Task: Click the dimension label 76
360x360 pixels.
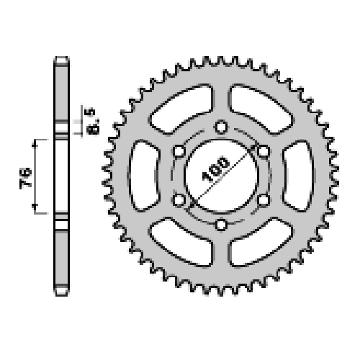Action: click(26, 177)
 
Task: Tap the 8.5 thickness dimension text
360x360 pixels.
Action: click(93, 121)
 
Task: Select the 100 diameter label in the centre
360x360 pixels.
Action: click(215, 169)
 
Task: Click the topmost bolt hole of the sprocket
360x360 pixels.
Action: click(221, 127)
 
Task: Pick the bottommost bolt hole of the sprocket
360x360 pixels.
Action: click(221, 225)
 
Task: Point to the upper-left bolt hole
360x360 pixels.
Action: click(179, 151)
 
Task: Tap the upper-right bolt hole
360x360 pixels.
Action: click(264, 151)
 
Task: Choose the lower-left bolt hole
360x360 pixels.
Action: click(179, 200)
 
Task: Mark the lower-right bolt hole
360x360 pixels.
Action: click(264, 200)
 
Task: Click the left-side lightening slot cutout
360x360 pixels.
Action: click(144, 176)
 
